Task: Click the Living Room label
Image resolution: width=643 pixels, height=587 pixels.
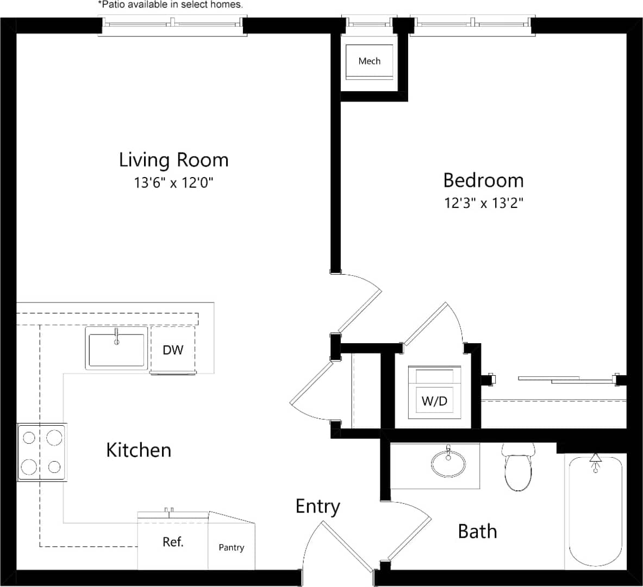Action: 173,160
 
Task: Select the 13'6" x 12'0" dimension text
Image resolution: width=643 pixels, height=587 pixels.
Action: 173,183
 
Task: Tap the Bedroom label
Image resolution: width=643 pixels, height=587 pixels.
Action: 483,180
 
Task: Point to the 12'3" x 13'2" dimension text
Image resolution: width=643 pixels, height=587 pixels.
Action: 483,203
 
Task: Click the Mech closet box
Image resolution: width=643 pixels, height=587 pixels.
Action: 370,61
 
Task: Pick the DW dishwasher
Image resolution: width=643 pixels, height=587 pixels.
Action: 173,350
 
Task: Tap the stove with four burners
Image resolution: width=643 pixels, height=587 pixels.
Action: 42,452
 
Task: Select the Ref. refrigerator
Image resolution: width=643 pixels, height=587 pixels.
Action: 173,542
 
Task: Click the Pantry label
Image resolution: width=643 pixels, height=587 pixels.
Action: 232,547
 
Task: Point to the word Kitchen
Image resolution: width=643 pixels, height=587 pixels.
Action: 139,450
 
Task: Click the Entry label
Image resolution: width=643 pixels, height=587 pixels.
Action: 317,506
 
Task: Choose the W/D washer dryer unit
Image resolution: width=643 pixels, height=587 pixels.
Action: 435,394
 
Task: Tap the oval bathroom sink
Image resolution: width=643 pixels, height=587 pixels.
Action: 448,463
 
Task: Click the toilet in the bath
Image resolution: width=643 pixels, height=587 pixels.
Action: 518,469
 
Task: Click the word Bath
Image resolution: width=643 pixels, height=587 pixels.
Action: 477,531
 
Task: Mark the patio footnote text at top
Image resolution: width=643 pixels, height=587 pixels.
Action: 170,5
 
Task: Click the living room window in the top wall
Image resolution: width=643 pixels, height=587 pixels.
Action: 172,24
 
